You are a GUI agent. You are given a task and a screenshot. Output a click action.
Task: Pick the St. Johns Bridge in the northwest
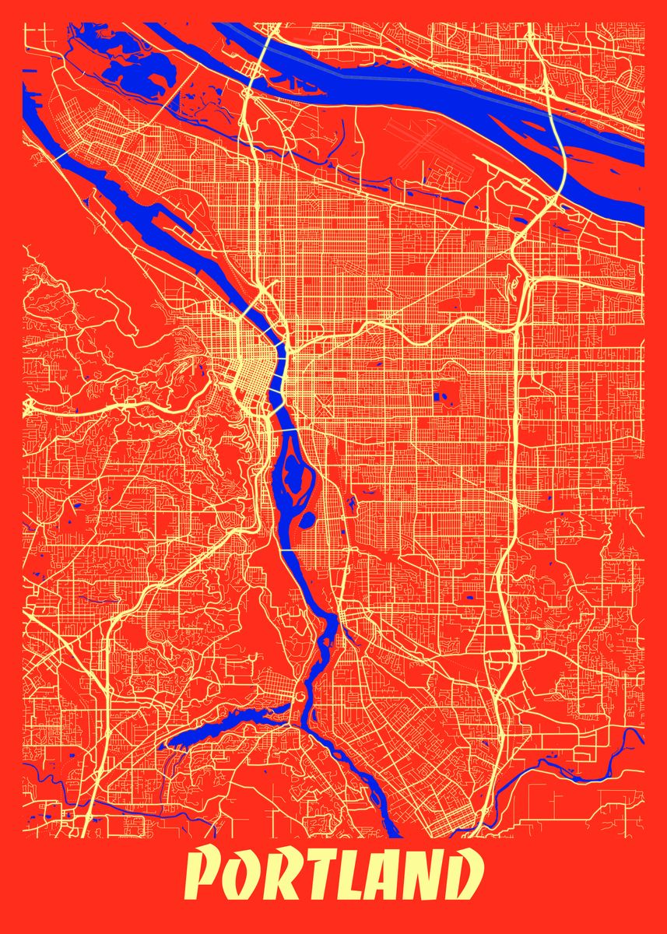pos(57,155)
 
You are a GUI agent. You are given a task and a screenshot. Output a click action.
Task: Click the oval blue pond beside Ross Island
pos(307,518)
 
